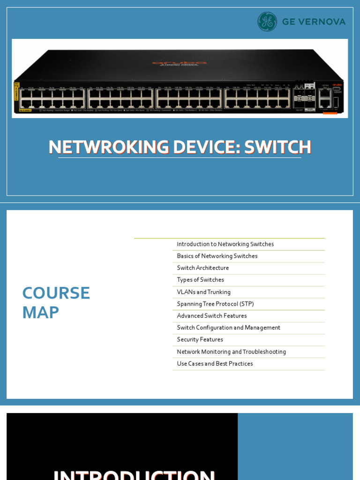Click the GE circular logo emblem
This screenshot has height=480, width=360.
[x=267, y=22]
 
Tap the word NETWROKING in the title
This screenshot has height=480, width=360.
[x=108, y=147]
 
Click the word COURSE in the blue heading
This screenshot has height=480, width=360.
[x=56, y=293]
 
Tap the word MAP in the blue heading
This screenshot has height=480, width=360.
[x=40, y=313]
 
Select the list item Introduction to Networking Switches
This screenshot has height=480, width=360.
[x=225, y=244]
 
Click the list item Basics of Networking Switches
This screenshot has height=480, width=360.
[x=217, y=256]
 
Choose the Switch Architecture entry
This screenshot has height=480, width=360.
[x=203, y=268]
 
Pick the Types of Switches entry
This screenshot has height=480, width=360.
[x=200, y=280]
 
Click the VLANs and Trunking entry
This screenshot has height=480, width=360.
[x=203, y=292]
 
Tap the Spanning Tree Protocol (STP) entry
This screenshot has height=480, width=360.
[x=215, y=304]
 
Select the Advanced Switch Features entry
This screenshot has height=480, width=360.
[x=211, y=316]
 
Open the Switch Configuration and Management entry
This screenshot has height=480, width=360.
[x=228, y=328]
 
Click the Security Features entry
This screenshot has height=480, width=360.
[x=200, y=339]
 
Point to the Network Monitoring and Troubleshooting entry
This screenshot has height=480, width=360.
[x=231, y=352]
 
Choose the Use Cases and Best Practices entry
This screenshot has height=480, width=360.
[x=215, y=364]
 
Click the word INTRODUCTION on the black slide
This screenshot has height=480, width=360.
[x=134, y=474]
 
